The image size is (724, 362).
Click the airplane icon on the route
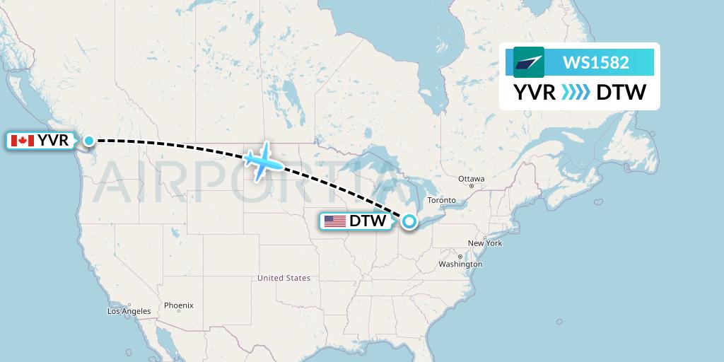263,160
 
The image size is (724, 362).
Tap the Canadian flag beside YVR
23,141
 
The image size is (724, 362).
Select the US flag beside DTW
335,221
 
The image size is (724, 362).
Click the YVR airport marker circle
88,141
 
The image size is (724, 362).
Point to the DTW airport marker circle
409,221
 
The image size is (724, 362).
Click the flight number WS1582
595,62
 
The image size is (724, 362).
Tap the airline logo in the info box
529,62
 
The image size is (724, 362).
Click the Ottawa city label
471,179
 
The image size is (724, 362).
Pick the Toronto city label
442,200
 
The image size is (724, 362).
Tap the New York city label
484,243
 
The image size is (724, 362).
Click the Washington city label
460,264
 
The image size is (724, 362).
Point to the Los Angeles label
129,311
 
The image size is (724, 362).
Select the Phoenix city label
178,306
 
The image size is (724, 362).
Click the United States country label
284,278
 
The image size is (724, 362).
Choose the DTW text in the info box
621,93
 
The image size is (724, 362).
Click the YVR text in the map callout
54,141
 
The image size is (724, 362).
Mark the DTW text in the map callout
368,221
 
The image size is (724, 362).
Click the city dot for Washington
460,257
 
